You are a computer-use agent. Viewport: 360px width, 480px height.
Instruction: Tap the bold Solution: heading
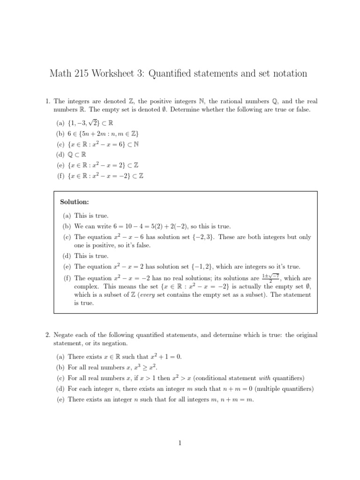[x=75, y=202]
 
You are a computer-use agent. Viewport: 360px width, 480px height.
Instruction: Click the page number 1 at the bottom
[x=180, y=443]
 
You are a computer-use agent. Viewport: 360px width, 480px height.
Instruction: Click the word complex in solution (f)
[x=86, y=286]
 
